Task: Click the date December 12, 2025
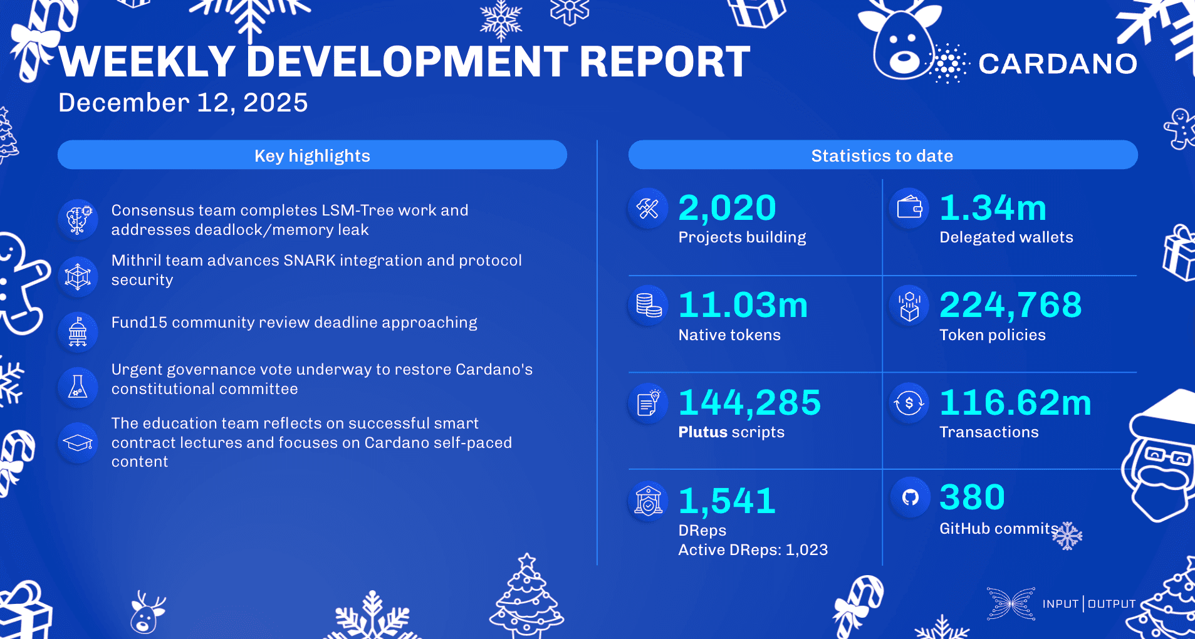click(x=183, y=103)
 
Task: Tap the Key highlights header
click(x=312, y=155)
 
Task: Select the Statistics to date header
click(x=882, y=155)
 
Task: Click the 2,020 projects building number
click(x=727, y=208)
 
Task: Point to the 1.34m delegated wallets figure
click(x=993, y=208)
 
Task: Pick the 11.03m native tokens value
click(x=743, y=305)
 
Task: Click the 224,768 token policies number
click(x=1010, y=305)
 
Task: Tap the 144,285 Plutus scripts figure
click(x=749, y=402)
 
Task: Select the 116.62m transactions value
click(x=1015, y=402)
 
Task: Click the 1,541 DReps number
click(x=727, y=501)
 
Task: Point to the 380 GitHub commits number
click(x=972, y=497)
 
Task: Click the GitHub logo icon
click(x=910, y=497)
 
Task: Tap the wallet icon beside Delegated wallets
click(x=909, y=207)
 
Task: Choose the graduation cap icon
click(x=78, y=443)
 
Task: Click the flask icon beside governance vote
click(x=78, y=387)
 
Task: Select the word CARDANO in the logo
click(x=1058, y=64)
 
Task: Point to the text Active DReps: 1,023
click(x=753, y=549)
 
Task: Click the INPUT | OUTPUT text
click(x=1088, y=604)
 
